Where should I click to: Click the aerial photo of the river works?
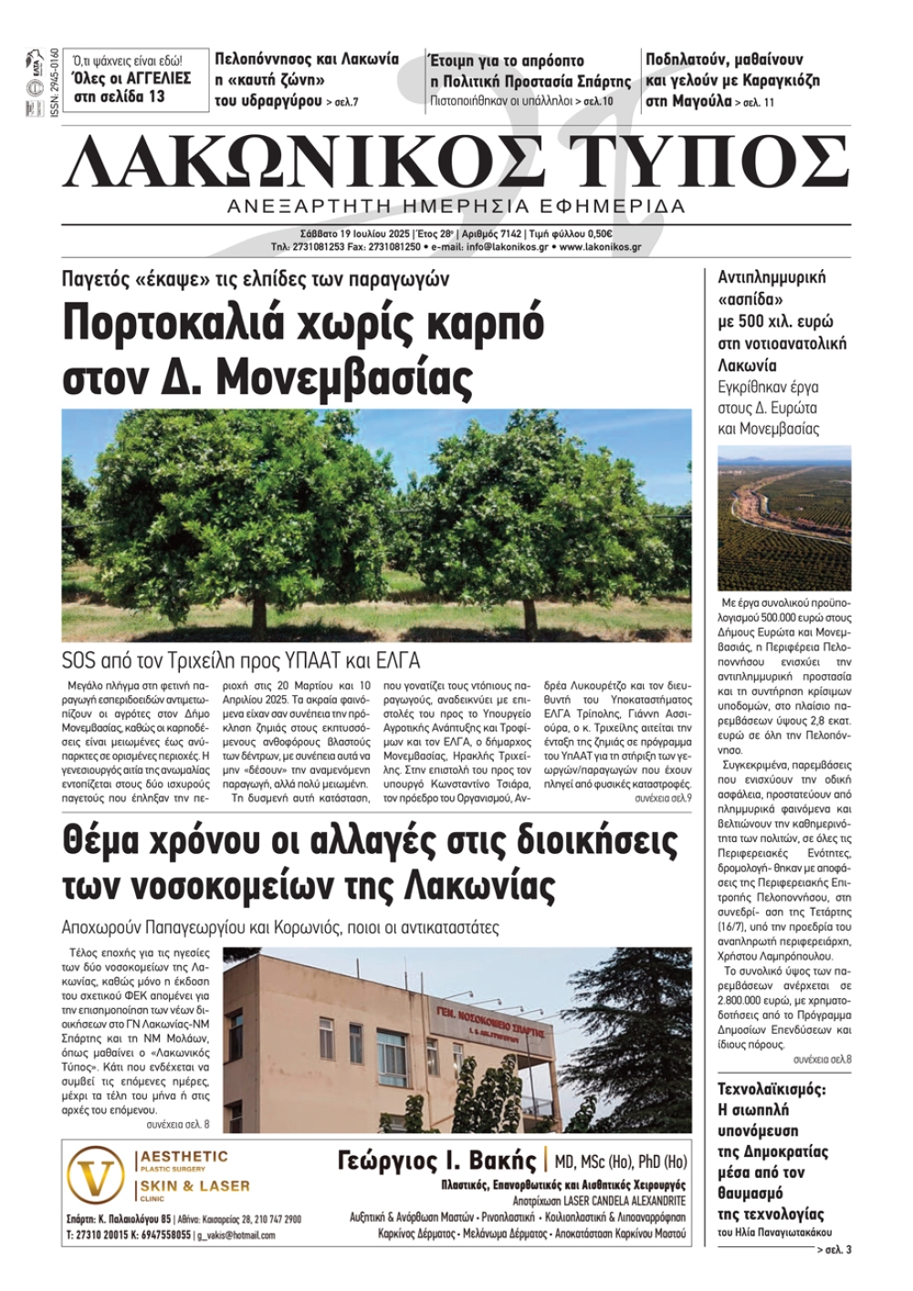[784, 517]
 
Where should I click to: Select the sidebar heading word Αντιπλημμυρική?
[771, 277]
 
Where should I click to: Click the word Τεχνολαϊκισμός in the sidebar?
[771, 1089]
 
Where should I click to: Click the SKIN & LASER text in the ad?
[194, 1186]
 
